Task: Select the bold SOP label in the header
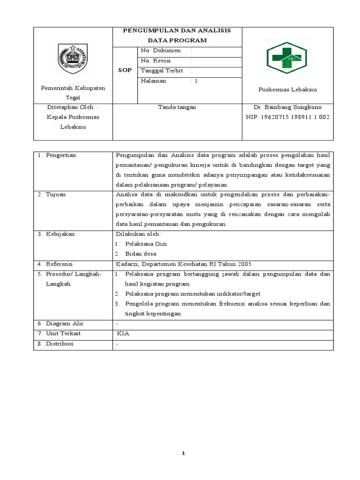pyautogui.click(x=125, y=70)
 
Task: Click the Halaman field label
pyautogui.click(x=153, y=81)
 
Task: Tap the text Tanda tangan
pyautogui.click(x=177, y=107)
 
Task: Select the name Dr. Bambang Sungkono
pyautogui.click(x=287, y=107)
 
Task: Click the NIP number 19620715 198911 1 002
pyautogui.click(x=287, y=117)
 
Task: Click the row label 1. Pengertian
pyautogui.click(x=57, y=155)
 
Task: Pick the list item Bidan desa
pyautogui.click(x=141, y=254)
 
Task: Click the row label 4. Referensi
pyautogui.click(x=55, y=264)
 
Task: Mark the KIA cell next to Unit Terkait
pyautogui.click(x=123, y=334)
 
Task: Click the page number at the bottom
pyautogui.click(x=184, y=453)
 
